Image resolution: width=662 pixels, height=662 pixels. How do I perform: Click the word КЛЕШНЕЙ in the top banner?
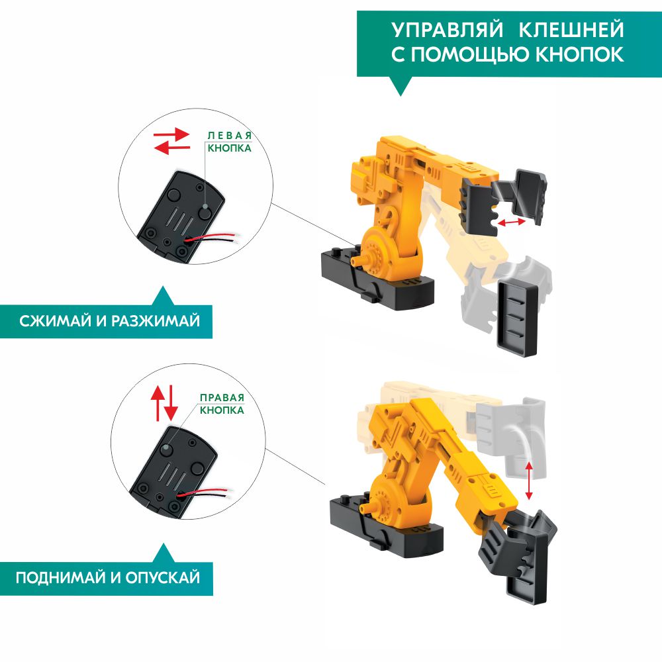pyautogui.click(x=571, y=30)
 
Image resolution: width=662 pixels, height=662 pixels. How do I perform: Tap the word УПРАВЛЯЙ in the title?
pyautogui.click(x=448, y=30)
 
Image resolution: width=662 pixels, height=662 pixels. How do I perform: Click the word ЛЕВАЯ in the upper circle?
pyautogui.click(x=229, y=136)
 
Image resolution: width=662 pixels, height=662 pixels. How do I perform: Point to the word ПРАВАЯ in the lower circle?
pyautogui.click(x=222, y=398)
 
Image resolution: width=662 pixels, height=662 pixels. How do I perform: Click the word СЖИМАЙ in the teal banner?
pyautogui.click(x=56, y=321)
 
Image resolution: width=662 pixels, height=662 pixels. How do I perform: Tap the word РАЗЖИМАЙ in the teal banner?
pyautogui.click(x=156, y=321)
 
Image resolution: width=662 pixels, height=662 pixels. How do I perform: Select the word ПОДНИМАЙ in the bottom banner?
pyautogui.click(x=61, y=577)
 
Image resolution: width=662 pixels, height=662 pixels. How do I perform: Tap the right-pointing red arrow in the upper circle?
pyautogui.click(x=171, y=134)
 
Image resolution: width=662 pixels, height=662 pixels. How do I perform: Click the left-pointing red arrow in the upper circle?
pyautogui.click(x=172, y=148)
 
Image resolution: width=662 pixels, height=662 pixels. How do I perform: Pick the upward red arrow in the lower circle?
pyautogui.click(x=158, y=403)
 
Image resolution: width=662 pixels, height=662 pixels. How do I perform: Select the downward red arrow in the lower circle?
pyautogui.click(x=171, y=402)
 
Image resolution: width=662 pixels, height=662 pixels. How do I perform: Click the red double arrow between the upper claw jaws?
pyautogui.click(x=511, y=222)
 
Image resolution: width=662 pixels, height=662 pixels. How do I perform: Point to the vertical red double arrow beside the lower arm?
pyautogui.click(x=528, y=481)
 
